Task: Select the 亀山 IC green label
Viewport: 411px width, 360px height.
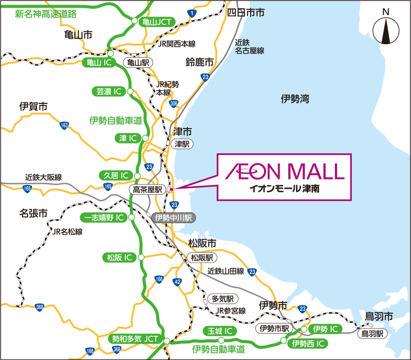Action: click(97, 63)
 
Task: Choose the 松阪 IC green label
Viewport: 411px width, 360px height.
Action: click(118, 257)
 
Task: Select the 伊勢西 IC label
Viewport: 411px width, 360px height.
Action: click(308, 343)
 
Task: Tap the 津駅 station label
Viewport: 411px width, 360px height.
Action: click(182, 145)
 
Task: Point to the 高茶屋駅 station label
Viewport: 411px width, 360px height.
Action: click(147, 190)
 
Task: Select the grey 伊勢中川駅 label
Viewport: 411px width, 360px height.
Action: click(173, 218)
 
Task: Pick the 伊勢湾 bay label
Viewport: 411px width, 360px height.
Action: click(295, 99)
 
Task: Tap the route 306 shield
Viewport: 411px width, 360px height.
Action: click(174, 103)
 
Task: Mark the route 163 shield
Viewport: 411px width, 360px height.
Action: click(64, 125)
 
